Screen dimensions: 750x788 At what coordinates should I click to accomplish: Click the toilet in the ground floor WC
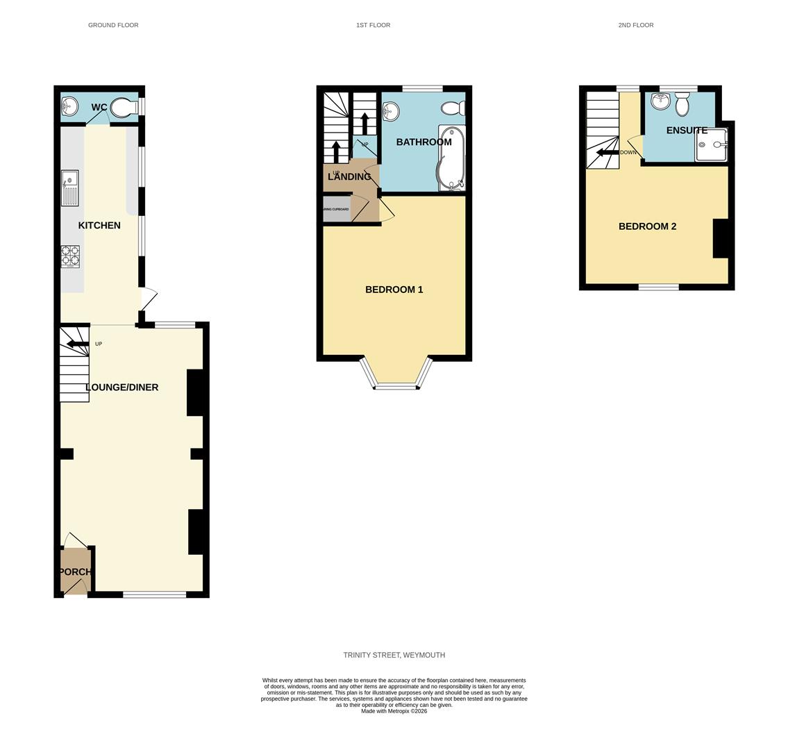pos(122,108)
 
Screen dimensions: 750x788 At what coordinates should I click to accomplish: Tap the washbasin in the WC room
pos(69,106)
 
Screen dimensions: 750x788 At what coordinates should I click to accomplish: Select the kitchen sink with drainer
pos(69,188)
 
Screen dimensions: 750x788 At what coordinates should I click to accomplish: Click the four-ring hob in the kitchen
pos(69,256)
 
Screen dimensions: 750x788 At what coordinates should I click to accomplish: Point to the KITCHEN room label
pos(99,226)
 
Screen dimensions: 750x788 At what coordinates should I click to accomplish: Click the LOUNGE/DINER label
pos(122,387)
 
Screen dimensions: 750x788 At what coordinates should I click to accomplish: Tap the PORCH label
pos(75,572)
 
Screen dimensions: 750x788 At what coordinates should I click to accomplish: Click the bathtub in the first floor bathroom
pos(451,158)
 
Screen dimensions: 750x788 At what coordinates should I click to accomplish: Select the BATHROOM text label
pos(424,142)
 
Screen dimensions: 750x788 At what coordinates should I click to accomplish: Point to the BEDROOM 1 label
pos(394,290)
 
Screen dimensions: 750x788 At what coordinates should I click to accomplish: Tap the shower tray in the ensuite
pos(711,145)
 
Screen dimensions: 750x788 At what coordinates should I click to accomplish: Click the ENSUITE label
pos(687,131)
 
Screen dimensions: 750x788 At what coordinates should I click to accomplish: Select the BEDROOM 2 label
pos(647,226)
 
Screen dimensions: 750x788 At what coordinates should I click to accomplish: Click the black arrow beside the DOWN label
pos(607,153)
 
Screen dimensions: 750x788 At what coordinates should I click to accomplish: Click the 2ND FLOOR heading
pos(635,25)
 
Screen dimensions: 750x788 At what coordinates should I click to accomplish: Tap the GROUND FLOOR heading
pos(113,25)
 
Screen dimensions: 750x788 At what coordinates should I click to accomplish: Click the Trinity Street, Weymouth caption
pos(394,655)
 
